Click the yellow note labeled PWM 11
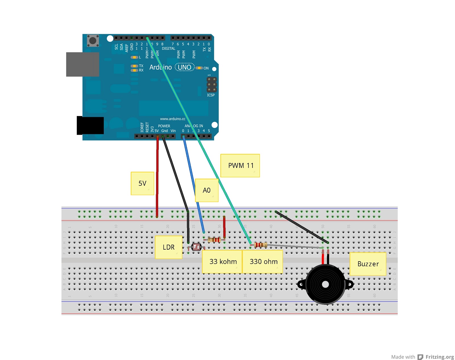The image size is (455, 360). point(240,166)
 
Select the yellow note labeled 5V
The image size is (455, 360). point(142,183)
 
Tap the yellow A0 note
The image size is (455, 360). point(207,190)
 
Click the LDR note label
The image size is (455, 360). point(168,247)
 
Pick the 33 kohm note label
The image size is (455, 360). point(223,262)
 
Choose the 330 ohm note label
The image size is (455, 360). point(263,262)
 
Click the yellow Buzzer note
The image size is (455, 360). point(368,264)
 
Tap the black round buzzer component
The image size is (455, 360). point(325,284)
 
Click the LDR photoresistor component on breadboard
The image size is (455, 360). point(196,247)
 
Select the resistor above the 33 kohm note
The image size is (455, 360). point(214,240)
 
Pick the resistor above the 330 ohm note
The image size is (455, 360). point(260,244)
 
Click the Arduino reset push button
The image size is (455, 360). point(93,40)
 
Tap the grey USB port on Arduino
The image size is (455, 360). point(82,64)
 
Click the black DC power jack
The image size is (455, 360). point(90,126)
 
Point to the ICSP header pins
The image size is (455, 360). point(212,85)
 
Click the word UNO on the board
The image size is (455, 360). point(185,67)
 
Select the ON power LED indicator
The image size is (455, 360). point(199,68)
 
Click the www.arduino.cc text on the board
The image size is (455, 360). point(173,119)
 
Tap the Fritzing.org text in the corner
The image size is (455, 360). point(439,357)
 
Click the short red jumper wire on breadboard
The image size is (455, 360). point(224,227)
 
